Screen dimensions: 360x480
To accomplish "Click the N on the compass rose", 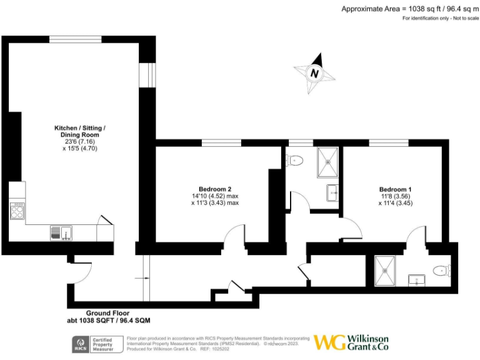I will tap(314, 73).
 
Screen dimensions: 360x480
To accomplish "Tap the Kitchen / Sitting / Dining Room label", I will tap(79, 131).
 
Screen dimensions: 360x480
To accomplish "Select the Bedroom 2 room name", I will tap(216, 189).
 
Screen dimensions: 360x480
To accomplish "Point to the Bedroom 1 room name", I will tap(396, 189).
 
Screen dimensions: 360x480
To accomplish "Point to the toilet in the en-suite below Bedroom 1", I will tap(442, 271).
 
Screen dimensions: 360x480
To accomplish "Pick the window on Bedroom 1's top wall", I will tap(383, 143).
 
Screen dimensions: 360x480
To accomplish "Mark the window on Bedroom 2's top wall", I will tap(221, 143).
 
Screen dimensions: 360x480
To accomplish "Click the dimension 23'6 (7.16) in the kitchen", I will tap(79, 141).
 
